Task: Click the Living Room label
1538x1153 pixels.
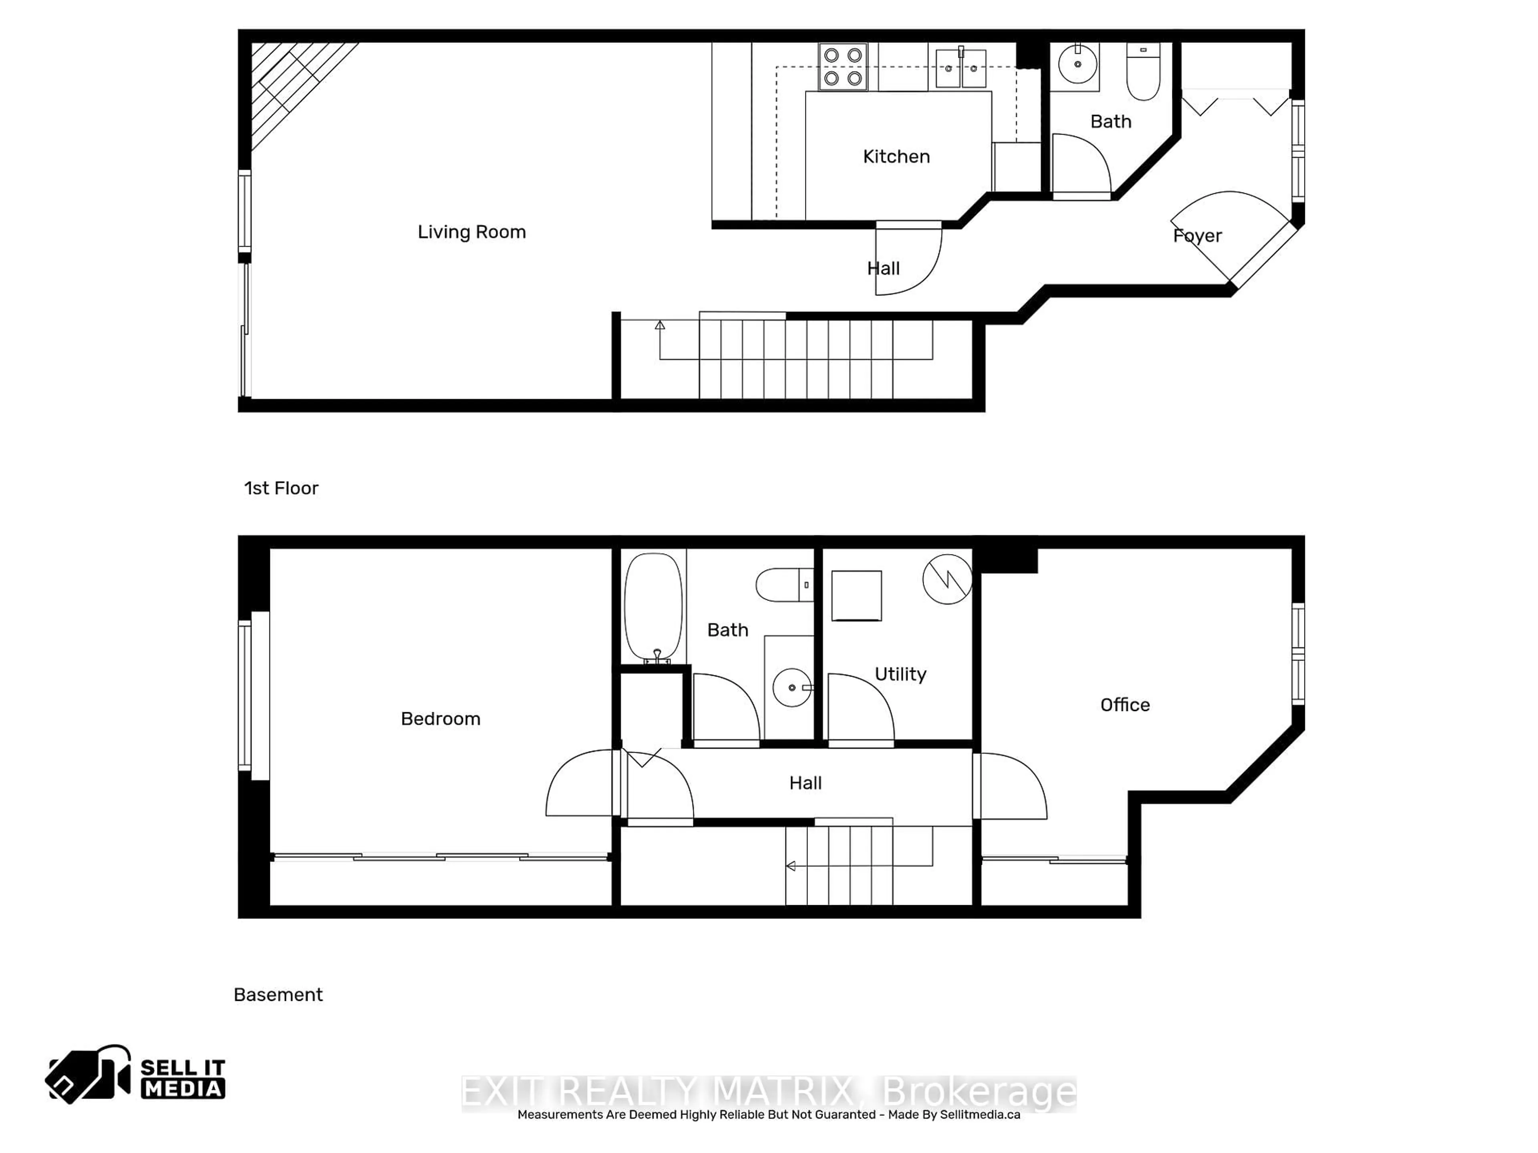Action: [x=471, y=232]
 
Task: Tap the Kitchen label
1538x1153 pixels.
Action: [x=896, y=157]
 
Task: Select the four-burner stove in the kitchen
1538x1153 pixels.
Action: [x=843, y=67]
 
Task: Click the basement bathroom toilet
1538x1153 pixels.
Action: [x=784, y=585]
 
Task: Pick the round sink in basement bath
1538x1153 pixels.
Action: [x=792, y=687]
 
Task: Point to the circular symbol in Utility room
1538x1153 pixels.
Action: [x=947, y=579]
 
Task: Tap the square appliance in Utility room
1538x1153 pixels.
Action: [x=857, y=596]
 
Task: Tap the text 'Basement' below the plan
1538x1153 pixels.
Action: [x=278, y=994]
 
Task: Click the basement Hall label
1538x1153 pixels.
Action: [x=805, y=783]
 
